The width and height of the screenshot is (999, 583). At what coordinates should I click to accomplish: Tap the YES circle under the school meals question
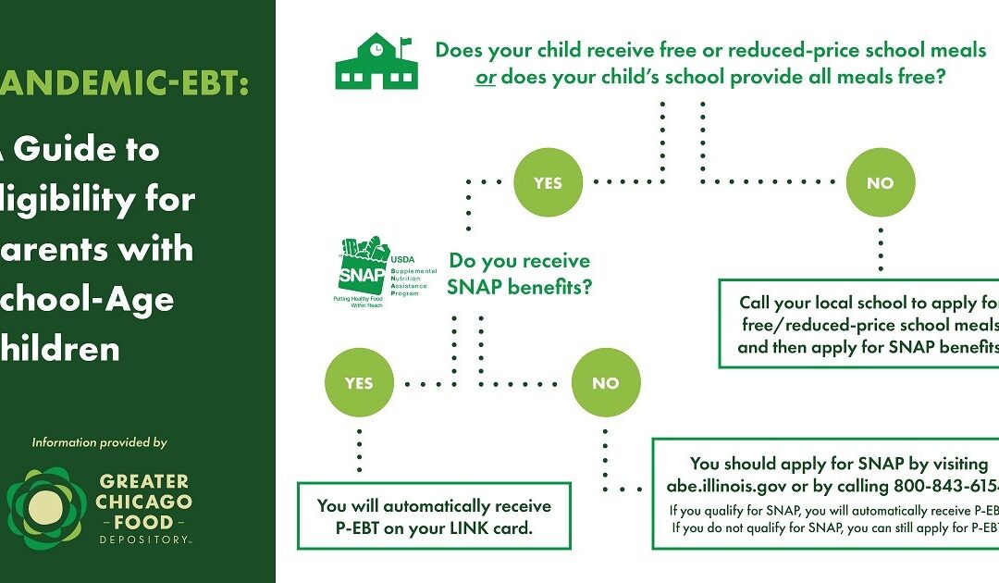pyautogui.click(x=549, y=182)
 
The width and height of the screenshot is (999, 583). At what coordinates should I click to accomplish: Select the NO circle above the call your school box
pyautogui.click(x=880, y=182)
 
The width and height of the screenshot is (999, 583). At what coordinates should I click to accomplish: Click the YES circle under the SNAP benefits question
pyautogui.click(x=359, y=382)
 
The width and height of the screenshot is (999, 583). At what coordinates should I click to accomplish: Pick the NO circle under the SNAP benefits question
pyautogui.click(x=605, y=382)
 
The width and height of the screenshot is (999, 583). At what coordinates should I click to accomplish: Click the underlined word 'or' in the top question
pyautogui.click(x=486, y=78)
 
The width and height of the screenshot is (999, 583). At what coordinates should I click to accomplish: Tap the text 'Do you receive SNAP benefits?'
pyautogui.click(x=519, y=275)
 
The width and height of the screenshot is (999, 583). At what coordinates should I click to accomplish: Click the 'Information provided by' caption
pyautogui.click(x=100, y=442)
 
